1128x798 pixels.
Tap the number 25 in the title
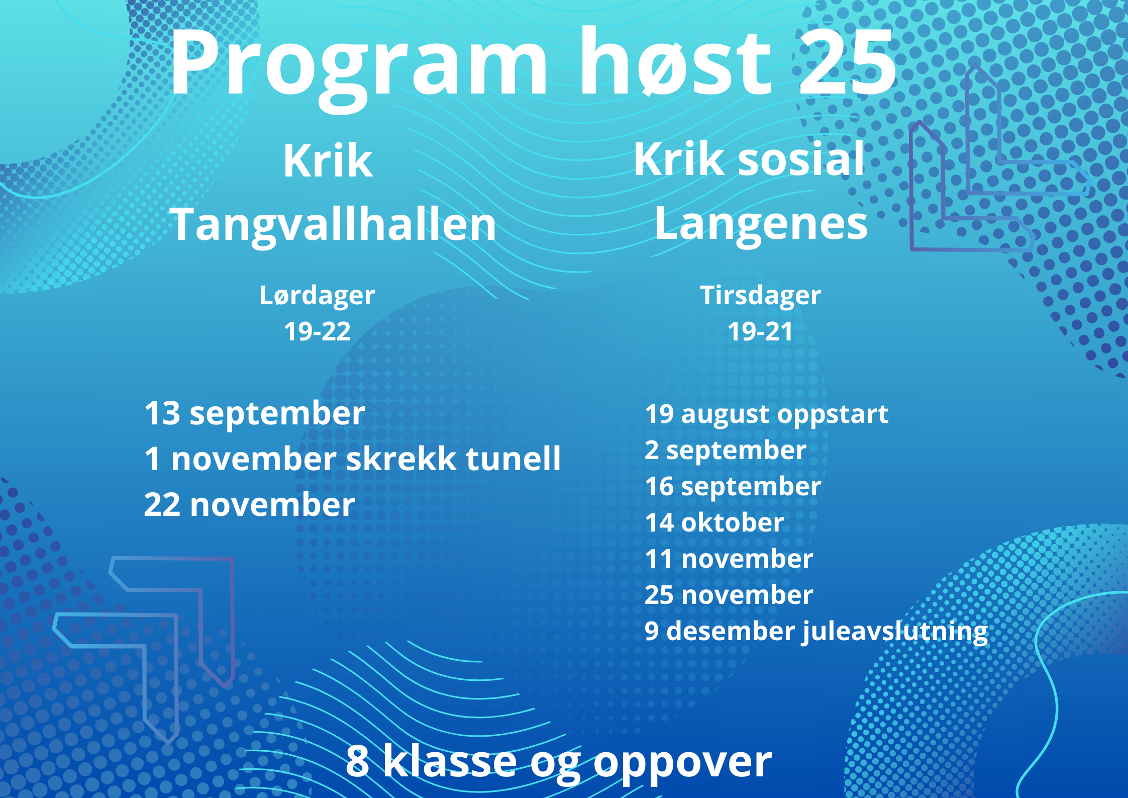click(847, 62)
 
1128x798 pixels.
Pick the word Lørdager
click(317, 296)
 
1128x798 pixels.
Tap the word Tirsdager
click(761, 296)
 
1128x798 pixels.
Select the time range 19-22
click(317, 332)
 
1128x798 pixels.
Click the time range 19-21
click(761, 332)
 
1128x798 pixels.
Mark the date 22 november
click(250, 505)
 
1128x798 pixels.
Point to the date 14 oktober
click(714, 522)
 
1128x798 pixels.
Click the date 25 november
click(729, 595)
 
